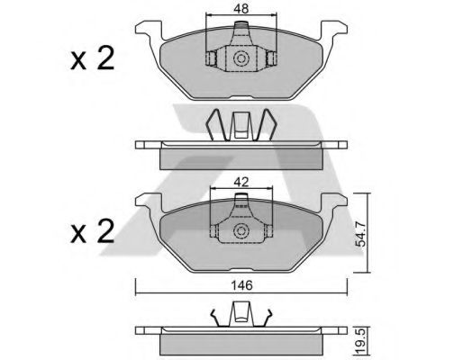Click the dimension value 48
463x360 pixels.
pos(241,9)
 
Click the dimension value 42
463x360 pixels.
pos(241,182)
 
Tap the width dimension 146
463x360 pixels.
pos(242,285)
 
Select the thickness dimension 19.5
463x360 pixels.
pos(360,342)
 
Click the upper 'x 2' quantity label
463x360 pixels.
pos(93,58)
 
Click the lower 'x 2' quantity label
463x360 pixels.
pos(93,231)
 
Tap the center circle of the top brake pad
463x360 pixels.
pos(241,58)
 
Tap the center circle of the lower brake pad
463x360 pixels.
pos(241,231)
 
